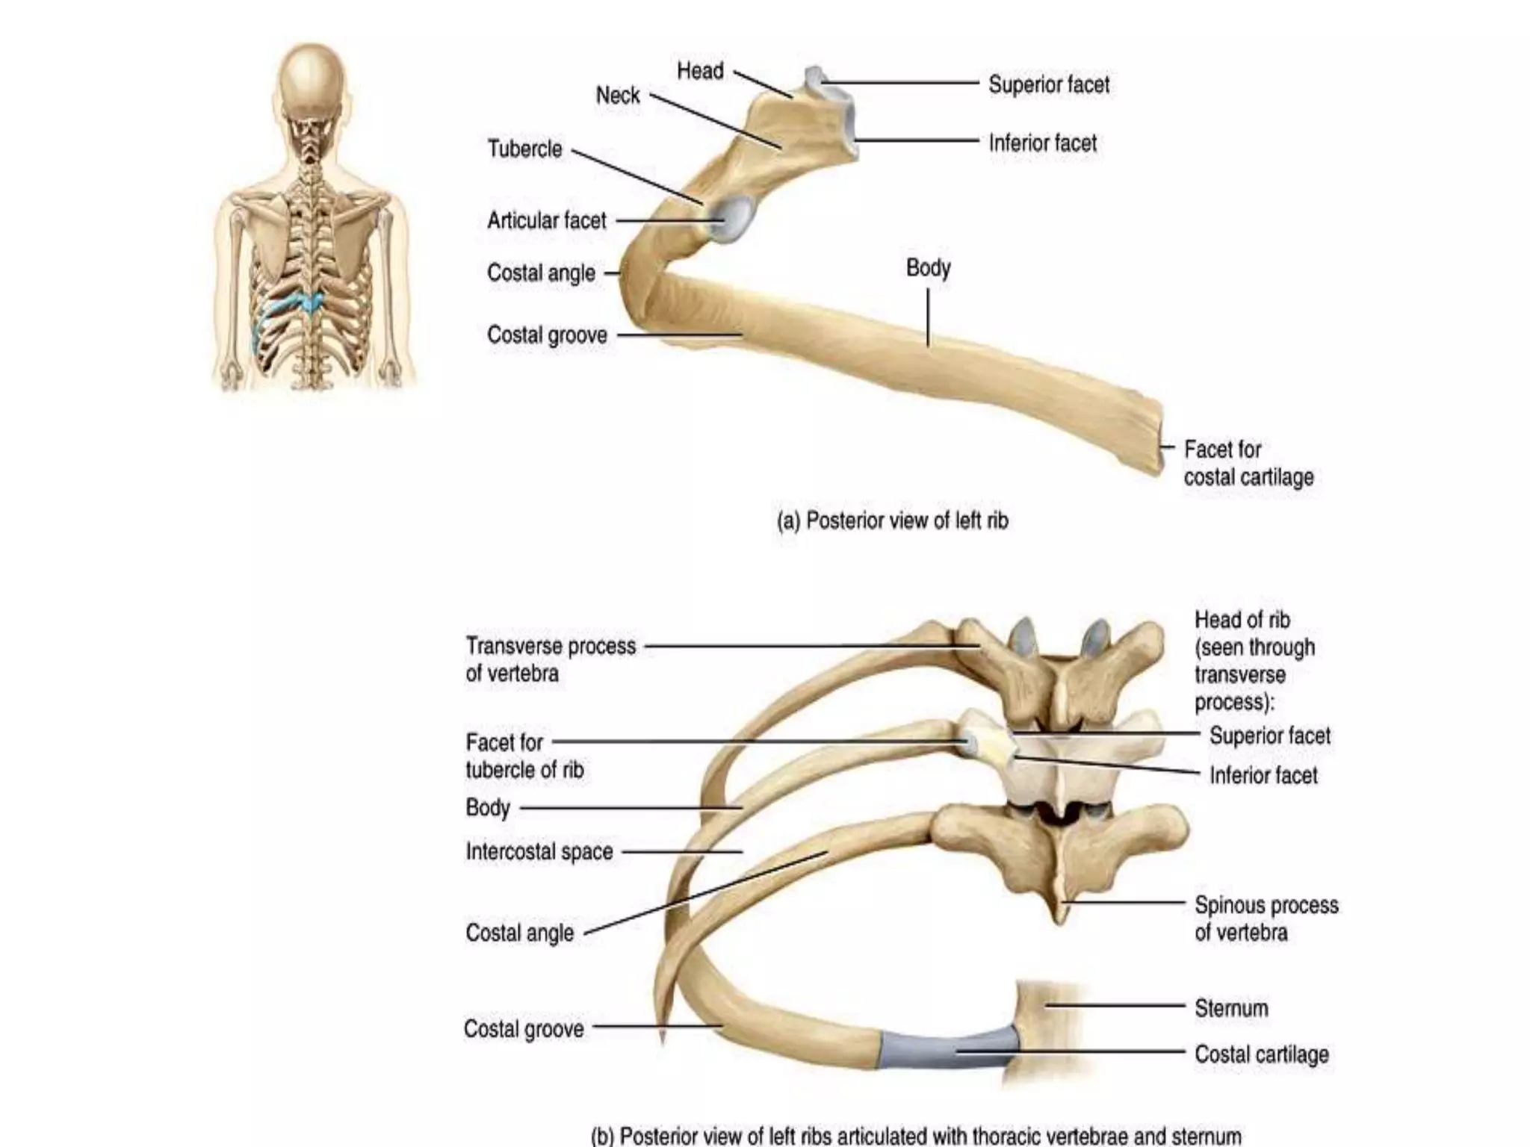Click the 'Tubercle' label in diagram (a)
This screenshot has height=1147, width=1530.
click(x=524, y=149)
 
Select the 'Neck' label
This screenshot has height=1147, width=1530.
click(x=617, y=96)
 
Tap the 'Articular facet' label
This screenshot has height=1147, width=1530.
click(x=546, y=220)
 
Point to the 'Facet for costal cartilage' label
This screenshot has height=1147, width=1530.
click(x=1248, y=463)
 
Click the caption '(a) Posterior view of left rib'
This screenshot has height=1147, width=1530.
click(x=892, y=520)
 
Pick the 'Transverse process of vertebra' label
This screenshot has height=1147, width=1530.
click(x=550, y=659)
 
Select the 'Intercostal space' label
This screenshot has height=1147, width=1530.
click(x=539, y=851)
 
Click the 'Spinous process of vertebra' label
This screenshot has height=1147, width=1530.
click(x=1266, y=918)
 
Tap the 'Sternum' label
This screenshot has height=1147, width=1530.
click(x=1230, y=1008)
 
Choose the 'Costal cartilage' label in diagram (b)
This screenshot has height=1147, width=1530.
click(x=1261, y=1054)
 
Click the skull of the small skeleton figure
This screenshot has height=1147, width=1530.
click(x=312, y=82)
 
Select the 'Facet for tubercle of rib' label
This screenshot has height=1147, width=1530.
click(x=524, y=756)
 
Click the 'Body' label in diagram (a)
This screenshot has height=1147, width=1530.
click(x=928, y=267)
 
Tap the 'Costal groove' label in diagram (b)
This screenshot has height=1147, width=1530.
click(x=523, y=1029)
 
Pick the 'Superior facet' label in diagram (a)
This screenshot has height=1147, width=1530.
click(x=1048, y=84)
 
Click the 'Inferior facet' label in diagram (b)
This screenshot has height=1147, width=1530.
click(x=1263, y=775)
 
